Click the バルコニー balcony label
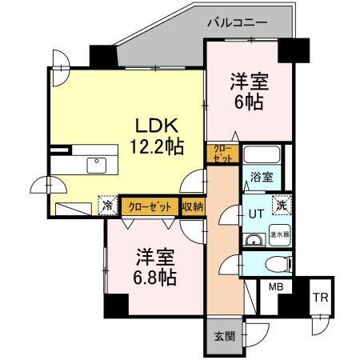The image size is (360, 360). pyautogui.click(x=237, y=22)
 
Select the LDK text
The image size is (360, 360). pyautogui.click(x=156, y=126)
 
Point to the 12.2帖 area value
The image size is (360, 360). pyautogui.click(x=157, y=147)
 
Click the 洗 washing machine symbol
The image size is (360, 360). pyautogui.click(x=281, y=204)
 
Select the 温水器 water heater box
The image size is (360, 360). pyautogui.click(x=279, y=235)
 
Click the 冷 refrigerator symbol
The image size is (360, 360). pyautogui.click(x=108, y=206)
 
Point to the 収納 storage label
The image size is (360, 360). pyautogui.click(x=192, y=206)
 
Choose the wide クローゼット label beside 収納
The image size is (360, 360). pyautogui.click(x=150, y=206)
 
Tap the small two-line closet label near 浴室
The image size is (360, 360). pyautogui.click(x=222, y=154)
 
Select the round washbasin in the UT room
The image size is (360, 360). pyautogui.click(x=254, y=239)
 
